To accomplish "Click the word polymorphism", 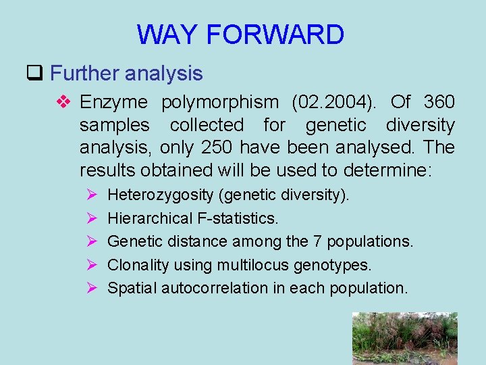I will point(219,102).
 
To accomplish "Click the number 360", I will point(439,102).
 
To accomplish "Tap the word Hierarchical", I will point(148,218).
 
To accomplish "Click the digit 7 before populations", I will point(318,241).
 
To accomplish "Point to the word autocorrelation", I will point(215,287).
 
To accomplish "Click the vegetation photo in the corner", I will point(404,338).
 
